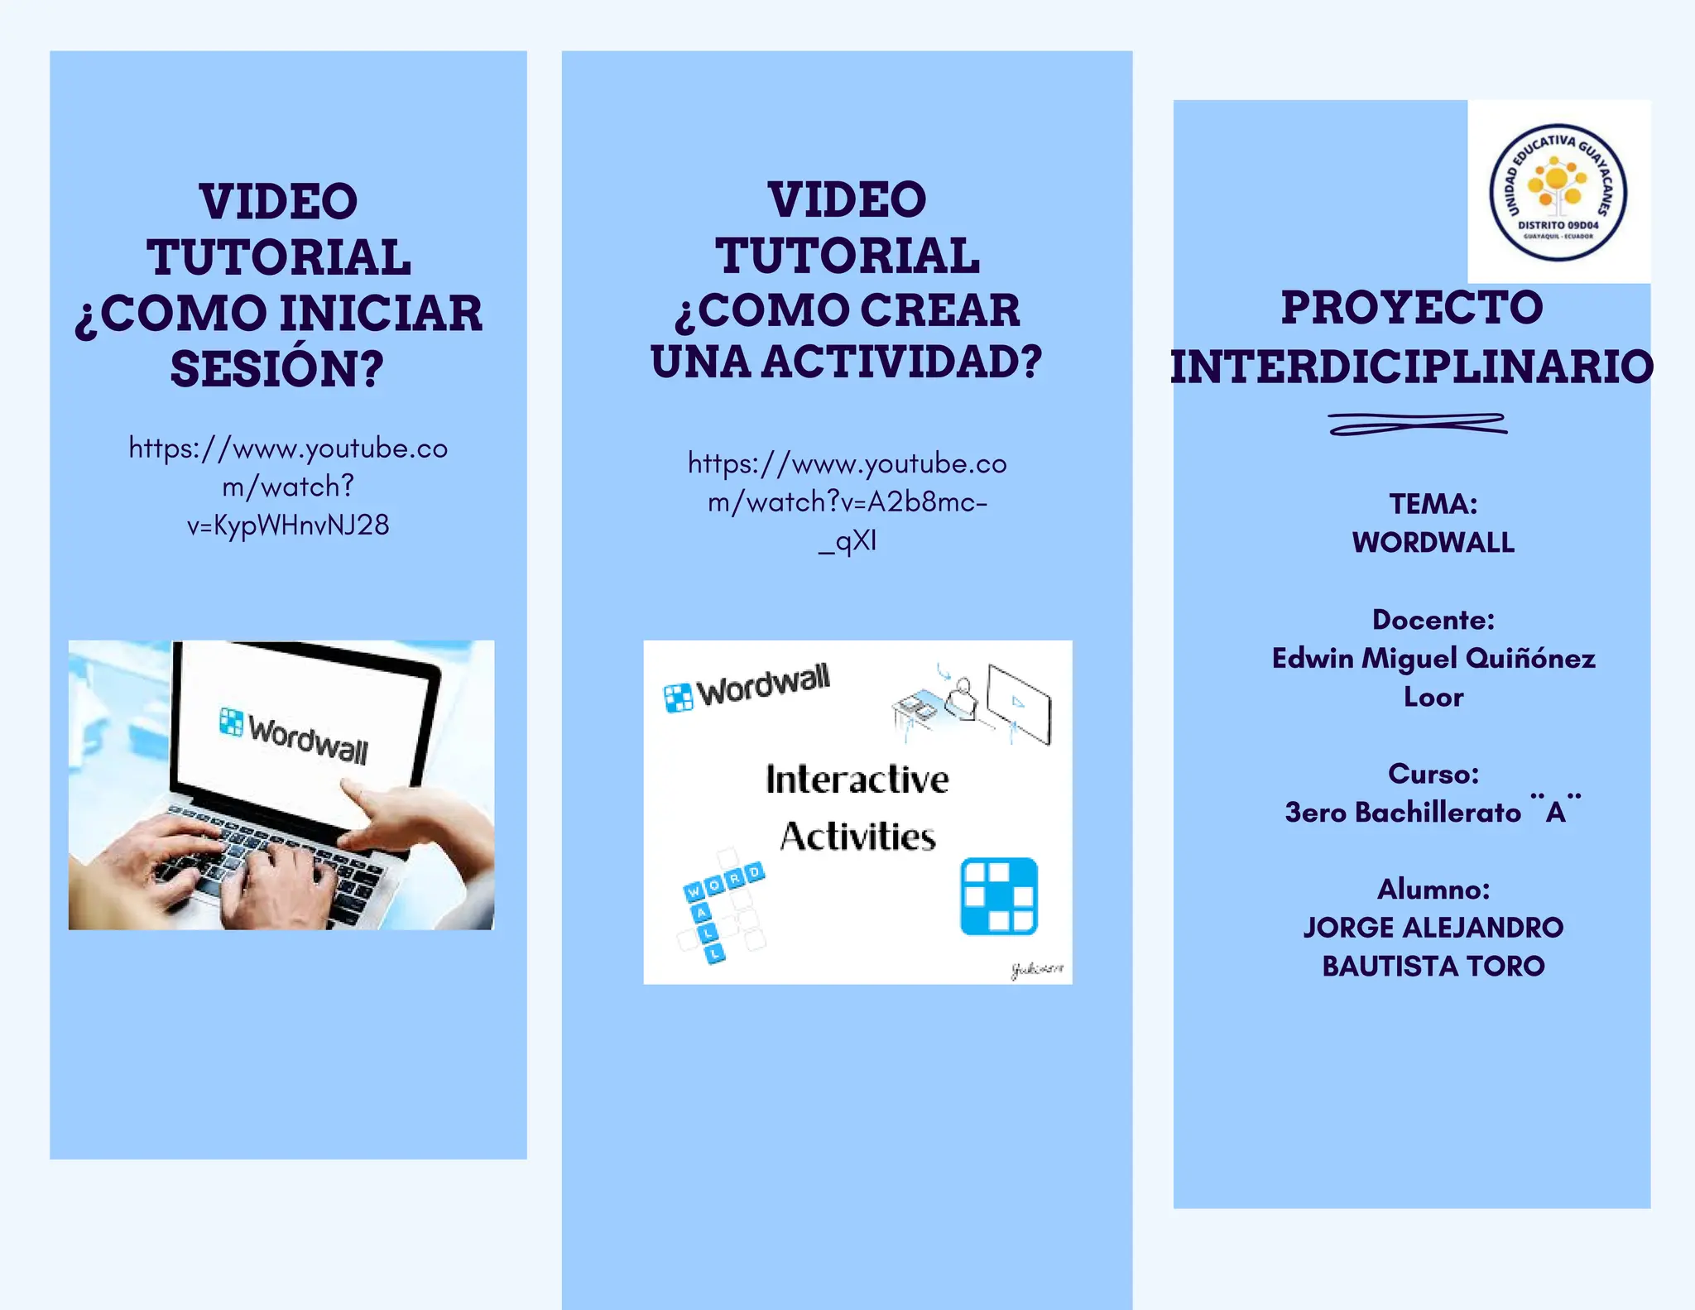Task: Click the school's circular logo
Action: [x=1558, y=192]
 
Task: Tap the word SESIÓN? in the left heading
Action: [x=277, y=369]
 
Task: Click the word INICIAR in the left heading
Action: [x=380, y=314]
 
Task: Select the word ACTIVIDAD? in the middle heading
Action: [x=901, y=362]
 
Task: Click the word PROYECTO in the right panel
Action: [x=1412, y=308]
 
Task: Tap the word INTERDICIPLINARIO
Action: [x=1412, y=367]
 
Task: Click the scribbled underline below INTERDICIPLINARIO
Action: [x=1417, y=424]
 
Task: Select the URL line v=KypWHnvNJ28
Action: [x=288, y=525]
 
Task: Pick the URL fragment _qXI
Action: [x=847, y=541]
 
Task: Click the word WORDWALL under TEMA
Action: [x=1433, y=543]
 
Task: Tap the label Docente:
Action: [x=1433, y=620]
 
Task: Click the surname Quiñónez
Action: [x=1530, y=659]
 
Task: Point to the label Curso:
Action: [x=1433, y=774]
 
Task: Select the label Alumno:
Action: [x=1433, y=890]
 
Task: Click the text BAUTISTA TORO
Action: [x=1433, y=967]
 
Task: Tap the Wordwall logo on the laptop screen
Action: [x=294, y=735]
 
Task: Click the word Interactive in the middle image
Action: [x=857, y=780]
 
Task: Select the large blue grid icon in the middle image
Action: [x=998, y=896]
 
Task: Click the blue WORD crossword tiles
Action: [x=724, y=882]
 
